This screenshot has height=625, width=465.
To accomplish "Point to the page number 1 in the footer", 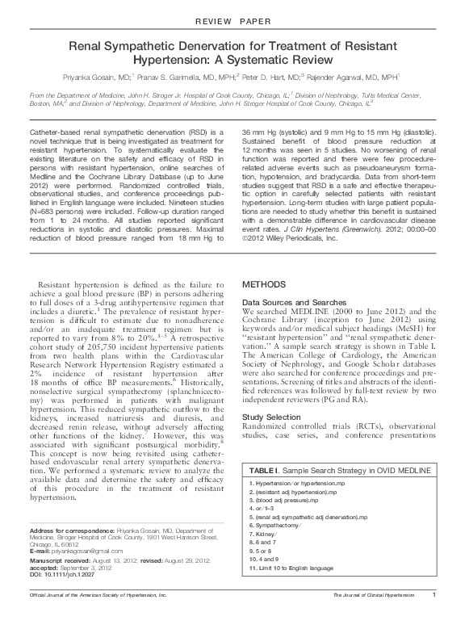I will click(x=434, y=617).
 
